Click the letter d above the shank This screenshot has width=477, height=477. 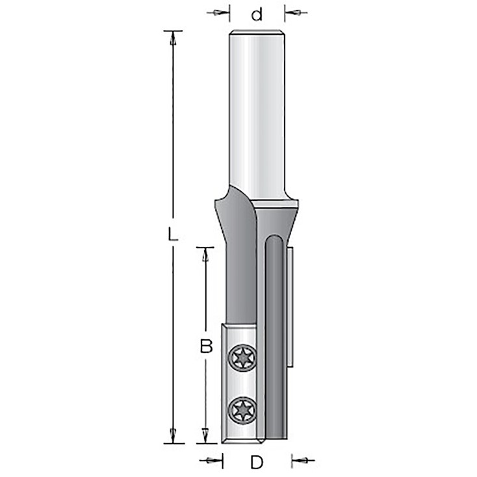coord(257,14)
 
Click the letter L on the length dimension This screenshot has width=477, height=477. coord(172,235)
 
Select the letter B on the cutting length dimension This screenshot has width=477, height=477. coord(206,346)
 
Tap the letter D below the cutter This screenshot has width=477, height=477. coord(257,463)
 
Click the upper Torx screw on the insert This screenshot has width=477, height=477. coord(242,357)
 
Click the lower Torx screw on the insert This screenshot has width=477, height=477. coord(242,411)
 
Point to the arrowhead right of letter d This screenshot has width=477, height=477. coord(292,13)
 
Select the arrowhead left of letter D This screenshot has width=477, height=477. coord(214,461)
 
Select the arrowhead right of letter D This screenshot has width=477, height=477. coord(300,461)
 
